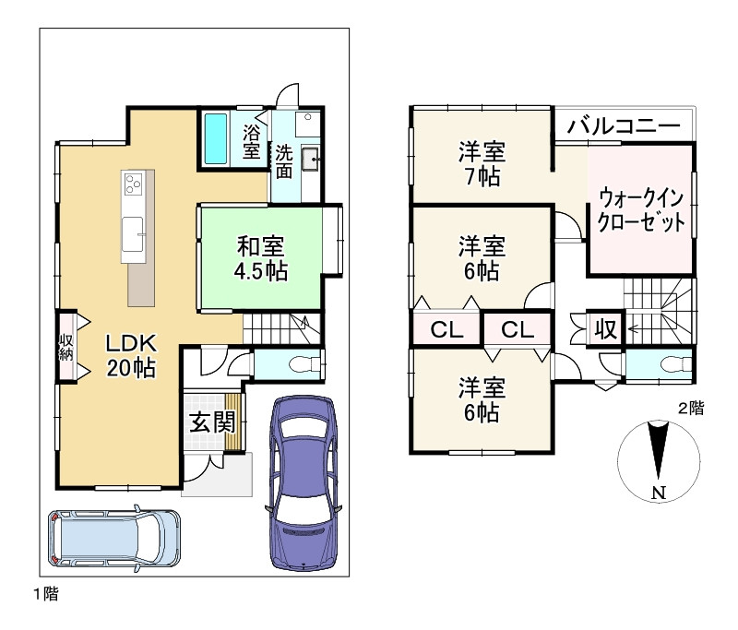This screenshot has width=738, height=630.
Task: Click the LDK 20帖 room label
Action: click(x=131, y=355)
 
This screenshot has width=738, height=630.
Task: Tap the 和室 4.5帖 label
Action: click(x=261, y=259)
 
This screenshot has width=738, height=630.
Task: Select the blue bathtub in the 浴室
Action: click(x=216, y=137)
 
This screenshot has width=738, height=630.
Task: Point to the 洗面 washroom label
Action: click(x=284, y=161)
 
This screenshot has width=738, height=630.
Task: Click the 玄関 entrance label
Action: click(x=212, y=422)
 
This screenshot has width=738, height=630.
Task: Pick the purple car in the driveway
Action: click(x=304, y=483)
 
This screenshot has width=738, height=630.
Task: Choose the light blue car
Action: click(x=114, y=538)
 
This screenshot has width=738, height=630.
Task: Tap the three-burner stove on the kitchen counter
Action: click(x=133, y=184)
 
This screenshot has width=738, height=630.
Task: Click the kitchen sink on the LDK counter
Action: click(x=133, y=234)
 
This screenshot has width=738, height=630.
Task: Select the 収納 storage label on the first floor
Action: click(x=65, y=347)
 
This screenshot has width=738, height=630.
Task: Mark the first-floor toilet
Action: click(x=304, y=364)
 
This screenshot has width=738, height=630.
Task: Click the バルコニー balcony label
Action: click(x=624, y=125)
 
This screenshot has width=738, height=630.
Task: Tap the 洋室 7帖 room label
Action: click(x=482, y=164)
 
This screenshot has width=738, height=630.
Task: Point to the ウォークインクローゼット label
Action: click(x=641, y=209)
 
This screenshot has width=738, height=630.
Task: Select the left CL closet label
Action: click(x=446, y=330)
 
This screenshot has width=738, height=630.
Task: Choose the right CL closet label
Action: click(x=518, y=330)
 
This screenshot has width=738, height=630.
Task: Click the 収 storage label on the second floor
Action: click(x=606, y=329)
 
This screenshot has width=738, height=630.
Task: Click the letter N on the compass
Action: click(x=659, y=493)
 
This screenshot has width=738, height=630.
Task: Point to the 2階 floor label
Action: click(x=691, y=408)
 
